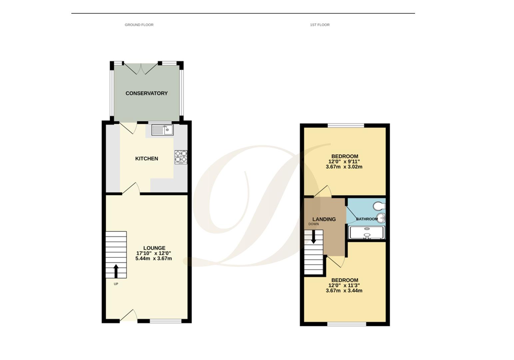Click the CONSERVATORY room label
[x=146, y=93]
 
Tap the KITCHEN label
[x=147, y=159]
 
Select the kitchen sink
[x=163, y=130]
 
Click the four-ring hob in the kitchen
[x=181, y=157]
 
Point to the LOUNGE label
[x=154, y=248]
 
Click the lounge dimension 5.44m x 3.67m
[x=154, y=258]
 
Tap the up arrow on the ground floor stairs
[x=116, y=271]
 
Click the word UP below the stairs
[x=116, y=284]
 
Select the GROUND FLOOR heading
[x=139, y=25]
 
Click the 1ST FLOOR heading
[x=319, y=25]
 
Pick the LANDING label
[x=324, y=219]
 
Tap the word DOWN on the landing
[x=313, y=224]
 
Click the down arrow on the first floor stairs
[x=313, y=236]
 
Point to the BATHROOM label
[x=367, y=219]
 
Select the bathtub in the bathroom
[x=366, y=232]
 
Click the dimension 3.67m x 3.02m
[x=344, y=167]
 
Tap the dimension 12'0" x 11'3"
[x=344, y=285]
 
